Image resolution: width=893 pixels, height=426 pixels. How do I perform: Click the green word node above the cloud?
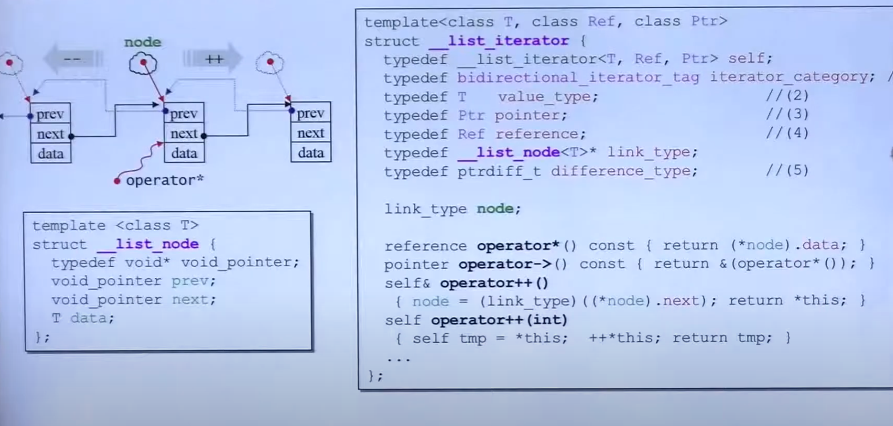142,42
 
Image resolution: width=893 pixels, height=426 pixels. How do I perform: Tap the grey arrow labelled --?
73,59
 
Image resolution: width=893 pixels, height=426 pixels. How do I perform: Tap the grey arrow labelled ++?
213,59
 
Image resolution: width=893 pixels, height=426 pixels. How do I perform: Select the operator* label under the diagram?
164,181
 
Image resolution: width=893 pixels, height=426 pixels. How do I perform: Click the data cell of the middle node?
184,153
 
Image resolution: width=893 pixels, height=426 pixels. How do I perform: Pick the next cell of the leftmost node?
50,134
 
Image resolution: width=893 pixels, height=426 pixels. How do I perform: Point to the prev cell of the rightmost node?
311,113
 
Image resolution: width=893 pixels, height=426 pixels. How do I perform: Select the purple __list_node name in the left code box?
148,244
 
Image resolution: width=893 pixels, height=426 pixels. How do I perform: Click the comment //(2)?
787,96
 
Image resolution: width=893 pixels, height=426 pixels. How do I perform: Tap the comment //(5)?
787,171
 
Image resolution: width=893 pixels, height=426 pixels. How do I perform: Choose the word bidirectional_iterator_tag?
578,77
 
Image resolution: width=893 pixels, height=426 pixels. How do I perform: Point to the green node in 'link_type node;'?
494,208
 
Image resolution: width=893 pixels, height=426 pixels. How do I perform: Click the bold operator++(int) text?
499,320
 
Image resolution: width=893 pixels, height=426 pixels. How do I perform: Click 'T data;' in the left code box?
83,318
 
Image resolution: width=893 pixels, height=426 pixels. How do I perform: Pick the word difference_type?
624,171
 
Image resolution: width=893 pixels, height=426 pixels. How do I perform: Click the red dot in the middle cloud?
143,62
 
